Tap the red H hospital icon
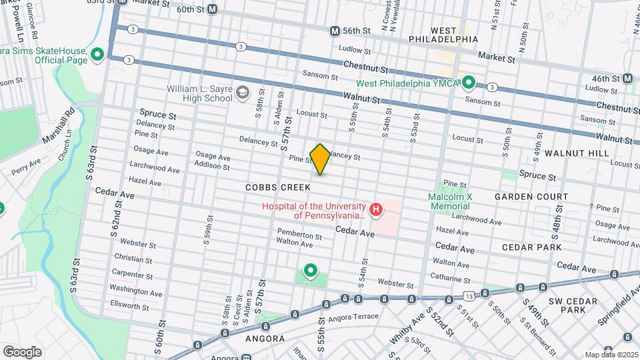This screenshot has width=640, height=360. click(x=376, y=211)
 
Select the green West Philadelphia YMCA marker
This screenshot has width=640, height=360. click(x=469, y=83)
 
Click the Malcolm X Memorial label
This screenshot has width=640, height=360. click(x=459, y=201)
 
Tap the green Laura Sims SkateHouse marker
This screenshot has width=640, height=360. click(x=97, y=55)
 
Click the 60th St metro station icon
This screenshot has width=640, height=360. click(x=213, y=9)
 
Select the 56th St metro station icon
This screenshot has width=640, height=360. click(x=335, y=31)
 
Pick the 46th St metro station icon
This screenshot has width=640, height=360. click(x=627, y=79)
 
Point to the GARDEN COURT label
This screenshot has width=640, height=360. click(x=531, y=197)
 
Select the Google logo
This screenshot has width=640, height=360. click(x=23, y=351)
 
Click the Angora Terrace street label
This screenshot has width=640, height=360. click(x=355, y=317)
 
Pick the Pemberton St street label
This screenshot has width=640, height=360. click(x=300, y=236)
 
